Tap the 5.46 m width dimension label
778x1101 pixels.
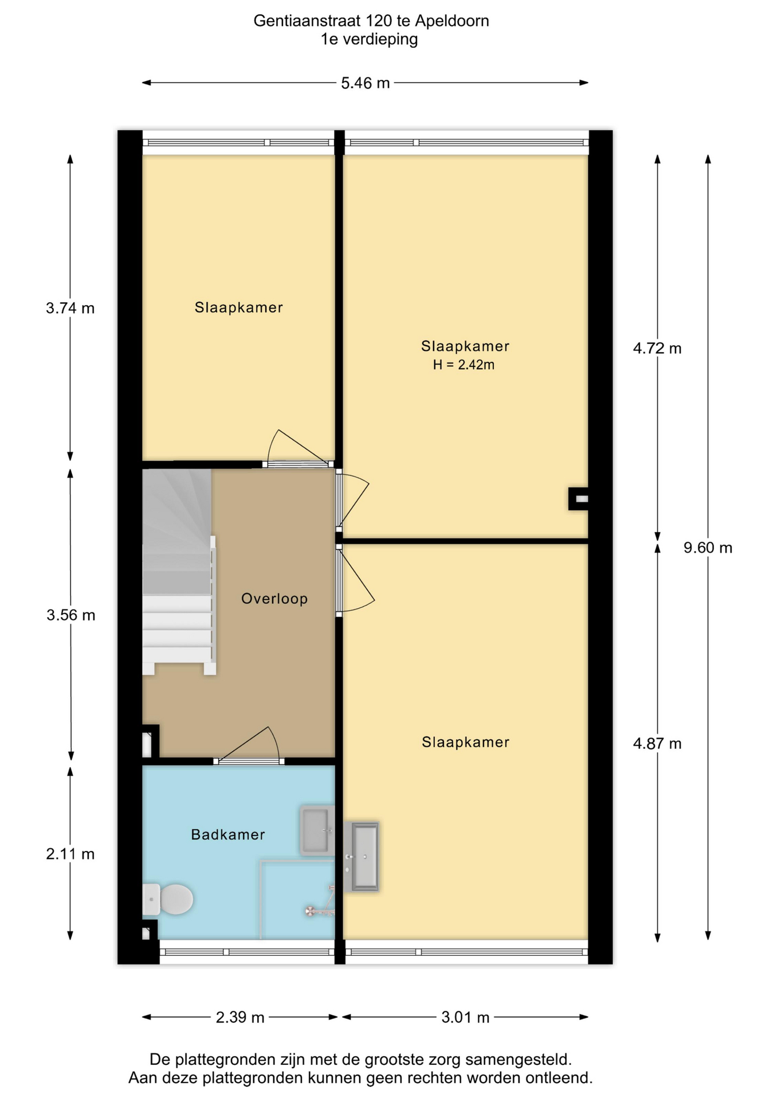coord(366,83)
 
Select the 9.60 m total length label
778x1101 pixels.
coord(708,548)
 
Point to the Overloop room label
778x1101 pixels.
coord(274,599)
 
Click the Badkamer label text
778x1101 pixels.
coord(228,834)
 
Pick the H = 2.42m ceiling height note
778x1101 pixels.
coord(463,365)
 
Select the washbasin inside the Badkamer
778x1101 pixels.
coord(317,830)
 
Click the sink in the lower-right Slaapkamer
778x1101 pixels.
coord(361,856)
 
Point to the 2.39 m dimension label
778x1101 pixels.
coord(240,1017)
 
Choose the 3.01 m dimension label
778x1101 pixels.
coord(465,1017)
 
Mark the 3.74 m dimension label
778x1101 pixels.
coord(70,308)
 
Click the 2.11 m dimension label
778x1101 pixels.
coord(70,854)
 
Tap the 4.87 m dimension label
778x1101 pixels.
coord(657,744)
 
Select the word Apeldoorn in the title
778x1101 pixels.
coord(452,21)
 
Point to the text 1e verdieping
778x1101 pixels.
coord(369,40)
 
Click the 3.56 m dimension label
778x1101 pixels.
coord(71,615)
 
